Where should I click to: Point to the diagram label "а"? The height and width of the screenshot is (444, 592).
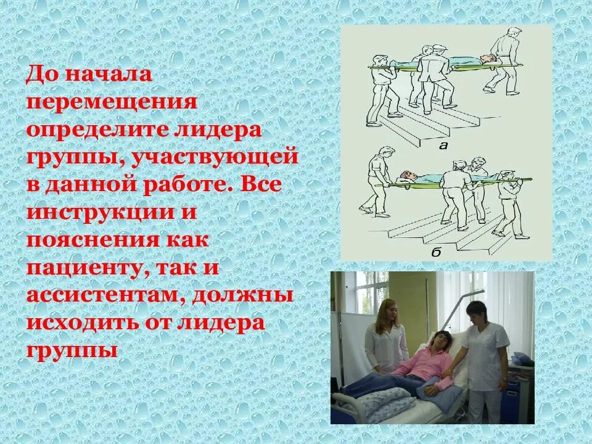click(442, 146)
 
